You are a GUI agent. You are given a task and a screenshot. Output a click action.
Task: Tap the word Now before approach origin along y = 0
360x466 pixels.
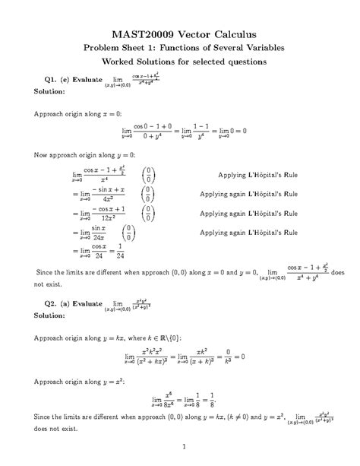pos(43,156)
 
